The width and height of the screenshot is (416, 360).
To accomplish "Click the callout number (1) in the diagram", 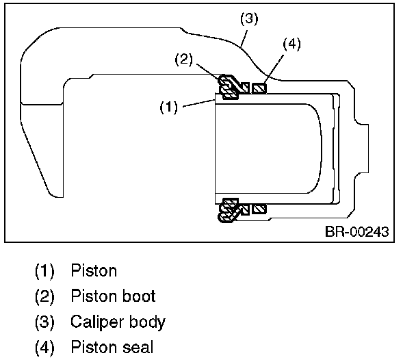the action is point(169,107).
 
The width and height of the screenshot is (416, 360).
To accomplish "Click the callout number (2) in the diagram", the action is point(183,59).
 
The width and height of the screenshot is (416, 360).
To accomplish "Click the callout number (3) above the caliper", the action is point(249,19).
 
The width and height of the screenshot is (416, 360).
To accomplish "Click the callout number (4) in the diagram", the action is point(292,44).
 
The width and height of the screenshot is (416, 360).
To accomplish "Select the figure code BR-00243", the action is point(357,231).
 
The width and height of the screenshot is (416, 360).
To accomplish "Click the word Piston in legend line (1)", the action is point(94,270).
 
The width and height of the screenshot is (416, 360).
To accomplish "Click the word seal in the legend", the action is point(138,347).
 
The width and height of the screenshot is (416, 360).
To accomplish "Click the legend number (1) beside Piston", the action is point(44,271).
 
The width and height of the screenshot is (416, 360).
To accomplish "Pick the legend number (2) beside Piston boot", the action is point(44,296).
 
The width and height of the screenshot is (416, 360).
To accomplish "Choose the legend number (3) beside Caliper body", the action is point(44,322).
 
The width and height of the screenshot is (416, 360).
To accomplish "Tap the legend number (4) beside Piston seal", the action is point(44,347).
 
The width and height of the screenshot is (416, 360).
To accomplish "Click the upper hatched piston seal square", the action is point(259,88).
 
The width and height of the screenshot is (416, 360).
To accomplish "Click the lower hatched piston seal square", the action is point(259,209).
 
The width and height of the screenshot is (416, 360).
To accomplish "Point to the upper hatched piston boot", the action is point(229,87).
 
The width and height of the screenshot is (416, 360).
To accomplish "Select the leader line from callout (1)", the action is point(199,103).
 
